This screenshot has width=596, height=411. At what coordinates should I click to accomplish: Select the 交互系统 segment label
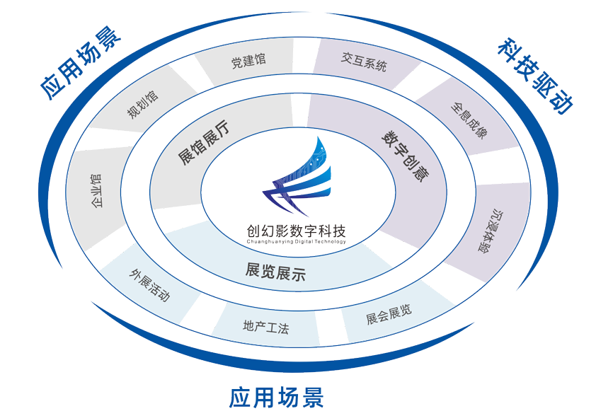pyautogui.click(x=365, y=65)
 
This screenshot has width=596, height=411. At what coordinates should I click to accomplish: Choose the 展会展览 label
pyautogui.click(x=389, y=313)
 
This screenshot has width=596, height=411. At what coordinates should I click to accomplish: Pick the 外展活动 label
pyautogui.click(x=149, y=287)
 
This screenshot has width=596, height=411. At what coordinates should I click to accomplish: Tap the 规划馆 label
pyautogui.click(x=142, y=112)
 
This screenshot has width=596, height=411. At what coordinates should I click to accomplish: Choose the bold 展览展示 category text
pyautogui.click(x=275, y=272)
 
